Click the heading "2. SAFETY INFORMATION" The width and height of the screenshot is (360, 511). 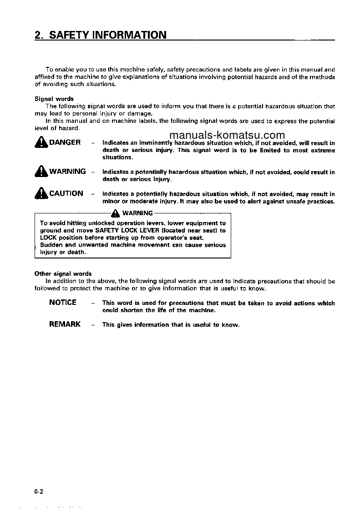tap(101, 35)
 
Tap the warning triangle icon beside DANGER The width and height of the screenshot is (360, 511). tap(41, 143)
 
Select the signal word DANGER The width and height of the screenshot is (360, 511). tap(65, 142)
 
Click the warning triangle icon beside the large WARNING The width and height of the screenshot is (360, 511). tap(41, 172)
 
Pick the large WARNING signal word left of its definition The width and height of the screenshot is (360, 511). tap(67, 172)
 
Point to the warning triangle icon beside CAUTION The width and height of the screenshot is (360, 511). tap(41, 194)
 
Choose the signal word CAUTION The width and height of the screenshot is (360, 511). tap(66, 193)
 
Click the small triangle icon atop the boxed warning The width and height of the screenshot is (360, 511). tap(116, 213)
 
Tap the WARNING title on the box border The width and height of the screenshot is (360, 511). tap(137, 213)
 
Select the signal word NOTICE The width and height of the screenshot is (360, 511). tap(63, 303)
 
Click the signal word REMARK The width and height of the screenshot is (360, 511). tap(65, 324)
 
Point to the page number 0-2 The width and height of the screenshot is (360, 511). tap(38, 491)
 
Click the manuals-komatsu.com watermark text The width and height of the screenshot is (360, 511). tap(226, 135)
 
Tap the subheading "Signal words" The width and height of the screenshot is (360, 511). tap(54, 99)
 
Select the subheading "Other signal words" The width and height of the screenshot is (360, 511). tap(63, 274)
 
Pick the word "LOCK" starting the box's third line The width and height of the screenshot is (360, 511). tap(48, 238)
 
